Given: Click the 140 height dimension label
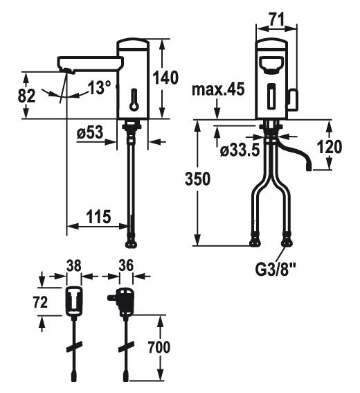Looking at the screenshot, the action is [165, 78].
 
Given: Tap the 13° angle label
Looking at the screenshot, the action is [100, 87].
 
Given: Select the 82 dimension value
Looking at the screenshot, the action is [26, 96].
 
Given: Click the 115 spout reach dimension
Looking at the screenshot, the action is [98, 216].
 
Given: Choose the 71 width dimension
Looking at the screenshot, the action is [276, 19].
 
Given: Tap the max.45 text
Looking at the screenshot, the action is [218, 89].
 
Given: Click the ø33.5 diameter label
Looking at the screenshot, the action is [240, 150].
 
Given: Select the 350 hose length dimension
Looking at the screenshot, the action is [197, 179].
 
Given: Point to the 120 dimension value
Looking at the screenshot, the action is [330, 147].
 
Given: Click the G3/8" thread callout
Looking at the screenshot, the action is [275, 270].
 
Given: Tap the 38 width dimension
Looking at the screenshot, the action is [74, 265].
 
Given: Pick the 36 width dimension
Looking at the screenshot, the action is [126, 265].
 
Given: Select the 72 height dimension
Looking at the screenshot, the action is [40, 302].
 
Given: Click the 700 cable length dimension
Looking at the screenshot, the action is [159, 347].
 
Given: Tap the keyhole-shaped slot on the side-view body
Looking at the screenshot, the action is [134, 100].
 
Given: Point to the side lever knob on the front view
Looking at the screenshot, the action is [292, 100].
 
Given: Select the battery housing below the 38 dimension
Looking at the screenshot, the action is [74, 301].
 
